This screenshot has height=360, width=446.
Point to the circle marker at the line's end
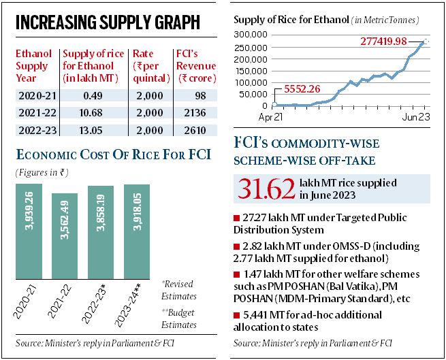pyautogui.click(x=426, y=42)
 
